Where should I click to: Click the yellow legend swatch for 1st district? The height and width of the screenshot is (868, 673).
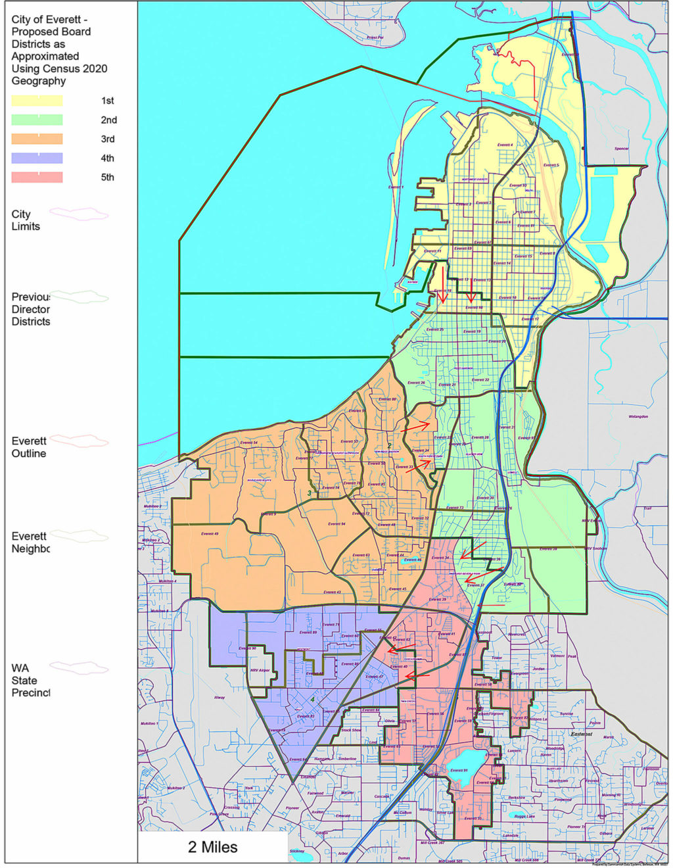tap(37, 101)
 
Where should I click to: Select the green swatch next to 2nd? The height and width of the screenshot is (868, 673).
tap(37, 120)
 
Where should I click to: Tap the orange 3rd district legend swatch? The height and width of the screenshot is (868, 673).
tap(37, 139)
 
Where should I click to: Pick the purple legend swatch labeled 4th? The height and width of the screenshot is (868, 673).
tap(37, 158)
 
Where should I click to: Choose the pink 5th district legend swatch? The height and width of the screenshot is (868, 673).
tap(37, 177)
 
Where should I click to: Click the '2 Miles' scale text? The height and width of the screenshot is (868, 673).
tap(213, 847)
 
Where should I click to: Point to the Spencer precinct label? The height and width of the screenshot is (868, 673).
tap(621, 149)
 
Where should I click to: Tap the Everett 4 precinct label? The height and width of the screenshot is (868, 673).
tap(505, 145)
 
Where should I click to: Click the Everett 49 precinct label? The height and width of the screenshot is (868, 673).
tap(210, 533)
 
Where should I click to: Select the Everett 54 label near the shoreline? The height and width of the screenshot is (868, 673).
tap(249, 443)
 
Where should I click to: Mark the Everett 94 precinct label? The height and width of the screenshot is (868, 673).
tap(337, 524)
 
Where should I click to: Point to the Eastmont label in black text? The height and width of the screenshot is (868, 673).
tap(581, 734)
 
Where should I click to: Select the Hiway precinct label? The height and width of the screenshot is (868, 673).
tap(220, 697)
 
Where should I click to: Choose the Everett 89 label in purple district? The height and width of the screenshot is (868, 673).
tap(308, 633)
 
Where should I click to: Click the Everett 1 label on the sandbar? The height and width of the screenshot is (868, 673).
tap(396, 187)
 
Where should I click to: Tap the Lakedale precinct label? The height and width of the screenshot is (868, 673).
tap(511, 836)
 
